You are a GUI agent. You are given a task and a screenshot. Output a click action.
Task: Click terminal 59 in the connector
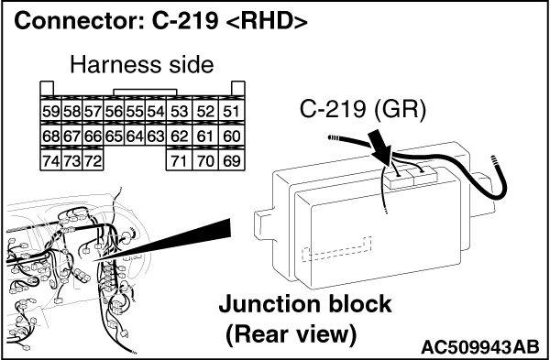pyautogui.click(x=50, y=111)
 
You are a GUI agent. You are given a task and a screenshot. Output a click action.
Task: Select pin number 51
pyautogui.click(x=231, y=111)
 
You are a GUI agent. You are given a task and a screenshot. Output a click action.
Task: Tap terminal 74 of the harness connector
pyautogui.click(x=50, y=160)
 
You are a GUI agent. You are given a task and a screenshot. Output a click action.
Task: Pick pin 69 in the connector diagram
pyautogui.click(x=231, y=160)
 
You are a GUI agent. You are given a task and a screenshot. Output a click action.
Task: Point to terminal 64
pyautogui.click(x=135, y=136)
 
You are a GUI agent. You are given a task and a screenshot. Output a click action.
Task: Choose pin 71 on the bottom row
pyautogui.click(x=179, y=160)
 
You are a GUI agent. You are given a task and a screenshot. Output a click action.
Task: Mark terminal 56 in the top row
pyautogui.click(x=114, y=111)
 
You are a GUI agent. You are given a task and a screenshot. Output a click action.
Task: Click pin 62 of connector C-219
pyautogui.click(x=179, y=136)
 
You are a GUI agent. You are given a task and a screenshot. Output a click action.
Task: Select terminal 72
pyautogui.click(x=93, y=160)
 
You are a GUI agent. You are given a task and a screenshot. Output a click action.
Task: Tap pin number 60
pyautogui.click(x=231, y=136)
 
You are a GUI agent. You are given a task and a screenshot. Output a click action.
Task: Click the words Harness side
pyautogui.click(x=142, y=64)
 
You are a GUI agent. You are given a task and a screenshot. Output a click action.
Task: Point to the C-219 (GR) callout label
pyautogui.click(x=363, y=109)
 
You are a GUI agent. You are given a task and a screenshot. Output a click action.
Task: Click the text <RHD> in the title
pyautogui.click(x=267, y=21)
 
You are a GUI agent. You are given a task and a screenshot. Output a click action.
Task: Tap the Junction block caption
pyautogui.click(x=305, y=304)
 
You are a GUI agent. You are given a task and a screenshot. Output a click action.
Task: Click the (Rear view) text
pyautogui.click(x=291, y=334)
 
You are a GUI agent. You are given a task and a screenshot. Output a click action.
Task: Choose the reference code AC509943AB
pyautogui.click(x=479, y=347)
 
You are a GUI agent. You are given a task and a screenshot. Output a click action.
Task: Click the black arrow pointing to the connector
pyautogui.click(x=380, y=147)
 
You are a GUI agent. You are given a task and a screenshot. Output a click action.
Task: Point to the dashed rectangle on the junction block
pyautogui.click(x=336, y=249)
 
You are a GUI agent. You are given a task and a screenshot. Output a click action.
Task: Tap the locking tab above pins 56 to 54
pyautogui.click(x=145, y=93)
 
